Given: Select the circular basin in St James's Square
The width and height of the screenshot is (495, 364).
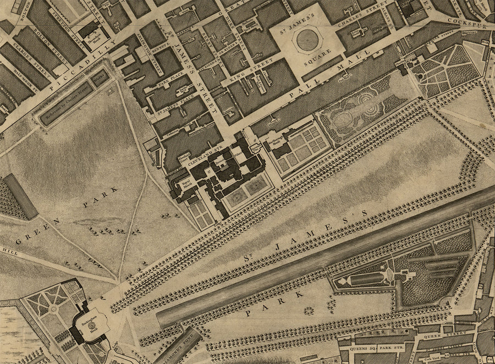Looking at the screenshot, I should point(307,39).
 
